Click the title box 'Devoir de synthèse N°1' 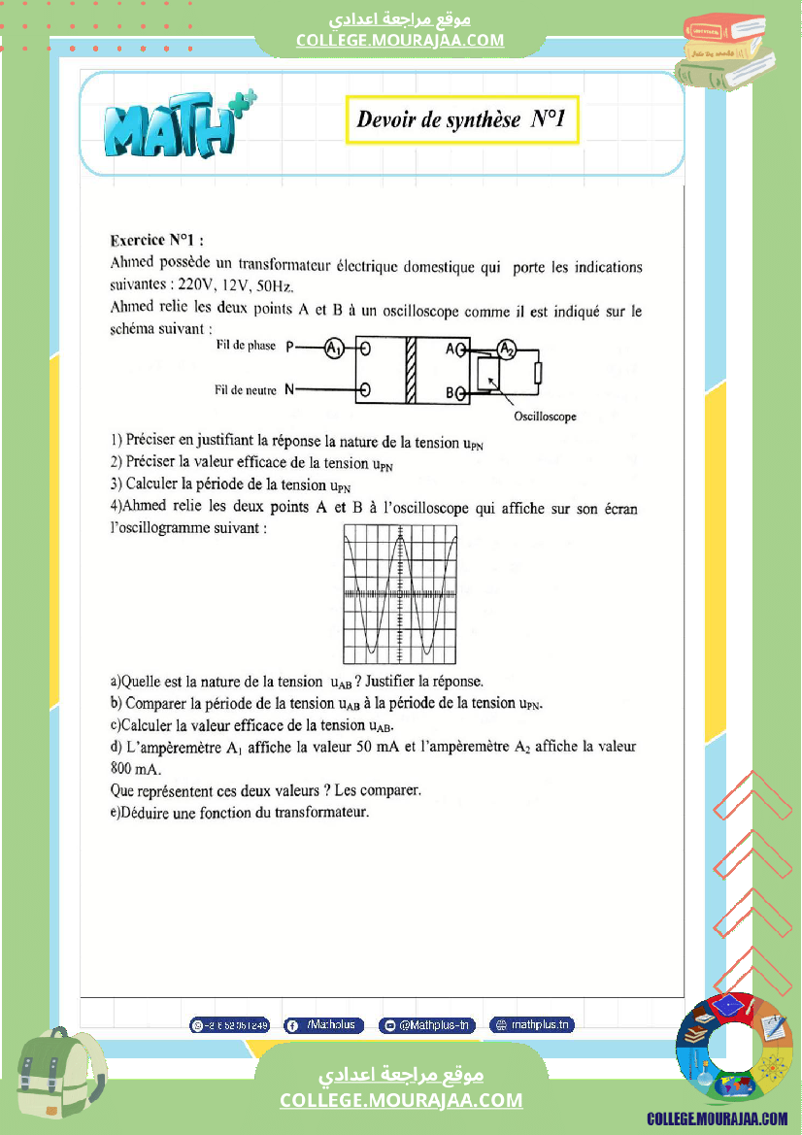coord(462,120)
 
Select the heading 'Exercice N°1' coord(156,240)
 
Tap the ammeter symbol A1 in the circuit coord(333,349)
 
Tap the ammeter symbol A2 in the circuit coord(507,349)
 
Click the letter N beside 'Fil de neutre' coord(289,390)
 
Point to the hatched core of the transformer coord(410,369)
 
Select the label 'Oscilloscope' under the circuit coord(545,417)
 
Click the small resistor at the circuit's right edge coord(538,372)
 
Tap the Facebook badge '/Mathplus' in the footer coord(324,1024)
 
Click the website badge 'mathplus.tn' coord(532,1024)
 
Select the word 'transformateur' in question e coord(321,812)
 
